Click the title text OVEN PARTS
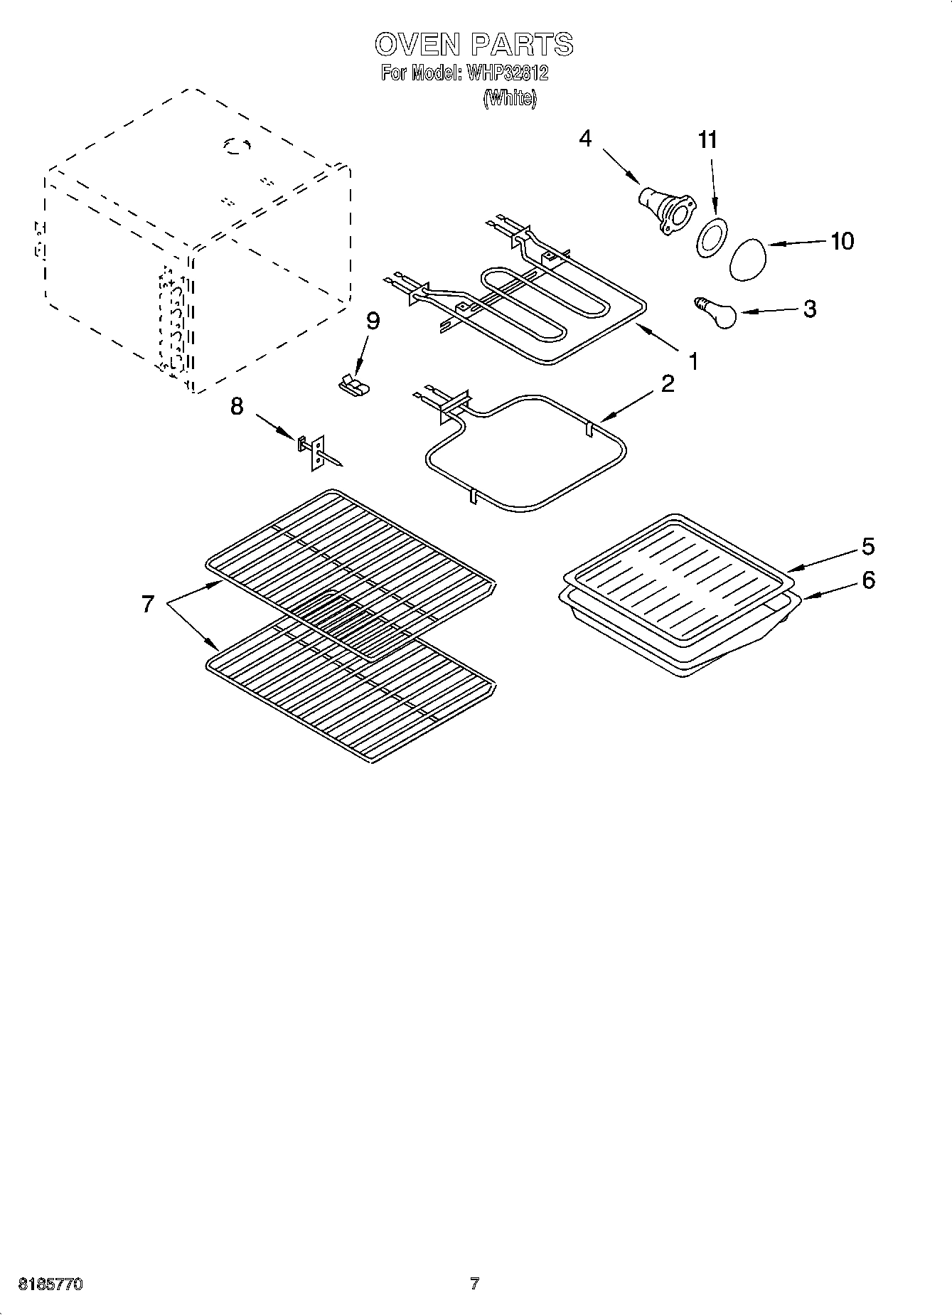click(474, 44)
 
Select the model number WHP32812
click(506, 73)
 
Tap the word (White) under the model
click(509, 98)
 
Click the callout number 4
click(584, 138)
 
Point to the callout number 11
click(707, 140)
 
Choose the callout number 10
click(842, 241)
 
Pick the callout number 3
click(809, 309)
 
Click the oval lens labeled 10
click(749, 259)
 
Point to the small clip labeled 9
click(353, 384)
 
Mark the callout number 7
click(147, 604)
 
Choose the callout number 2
click(667, 384)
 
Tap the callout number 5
click(868, 546)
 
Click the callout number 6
click(868, 580)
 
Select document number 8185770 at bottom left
click(50, 1284)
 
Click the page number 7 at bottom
click(474, 1284)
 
